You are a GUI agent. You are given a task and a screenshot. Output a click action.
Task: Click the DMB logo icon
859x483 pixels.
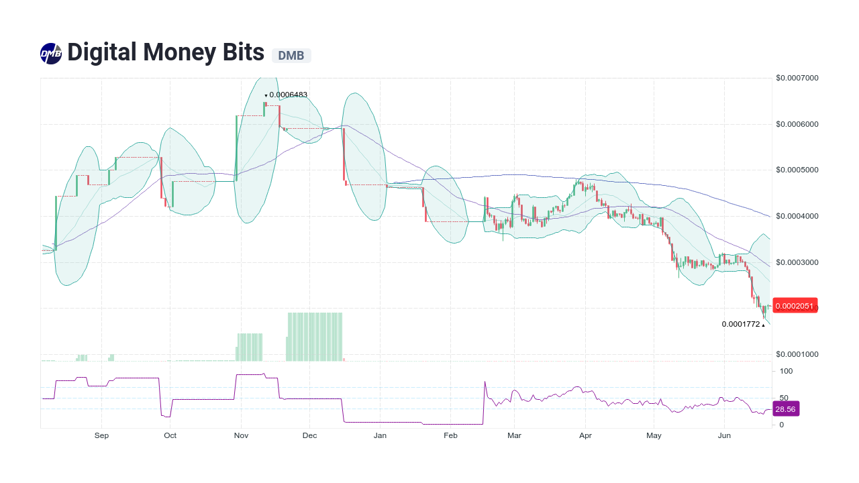coord(51,54)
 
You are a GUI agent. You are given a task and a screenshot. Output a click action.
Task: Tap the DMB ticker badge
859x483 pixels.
coord(291,56)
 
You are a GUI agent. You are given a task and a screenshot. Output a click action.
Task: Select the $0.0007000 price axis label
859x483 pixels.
coord(797,78)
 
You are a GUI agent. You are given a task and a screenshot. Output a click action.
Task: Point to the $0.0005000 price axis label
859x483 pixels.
coord(797,170)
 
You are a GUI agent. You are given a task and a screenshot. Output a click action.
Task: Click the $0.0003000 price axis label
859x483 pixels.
coord(797,262)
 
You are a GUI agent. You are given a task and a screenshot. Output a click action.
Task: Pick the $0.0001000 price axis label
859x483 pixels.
coord(797,354)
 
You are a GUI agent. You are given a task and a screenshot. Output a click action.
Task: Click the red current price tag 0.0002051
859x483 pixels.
coord(795,306)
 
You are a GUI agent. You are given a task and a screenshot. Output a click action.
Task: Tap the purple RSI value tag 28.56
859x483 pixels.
coord(785,409)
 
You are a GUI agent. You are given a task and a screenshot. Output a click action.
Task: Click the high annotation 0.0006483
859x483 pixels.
coord(288,95)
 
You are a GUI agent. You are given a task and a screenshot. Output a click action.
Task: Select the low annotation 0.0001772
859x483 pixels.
coord(741,324)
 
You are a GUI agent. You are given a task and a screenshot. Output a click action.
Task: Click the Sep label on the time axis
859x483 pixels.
coord(101,436)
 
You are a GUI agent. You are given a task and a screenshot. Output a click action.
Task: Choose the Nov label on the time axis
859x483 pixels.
coord(241,436)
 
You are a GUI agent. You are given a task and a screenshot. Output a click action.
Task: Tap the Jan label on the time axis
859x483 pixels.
coord(380,436)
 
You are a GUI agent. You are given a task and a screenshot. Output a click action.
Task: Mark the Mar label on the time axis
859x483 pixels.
coord(514,436)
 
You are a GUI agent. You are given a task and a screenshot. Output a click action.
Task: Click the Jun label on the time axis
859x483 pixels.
coord(724,436)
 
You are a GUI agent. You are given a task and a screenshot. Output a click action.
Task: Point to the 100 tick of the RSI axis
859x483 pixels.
coord(786,371)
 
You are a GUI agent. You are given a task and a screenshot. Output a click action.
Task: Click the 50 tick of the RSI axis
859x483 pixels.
coord(784,398)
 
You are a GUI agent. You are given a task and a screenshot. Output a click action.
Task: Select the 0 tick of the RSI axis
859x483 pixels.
coord(781,425)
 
